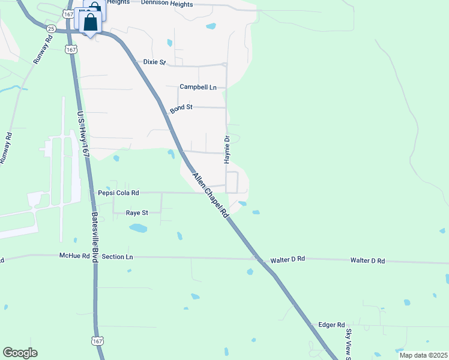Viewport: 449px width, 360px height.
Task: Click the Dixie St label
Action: click(154, 62)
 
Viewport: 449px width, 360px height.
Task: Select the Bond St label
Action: click(181, 108)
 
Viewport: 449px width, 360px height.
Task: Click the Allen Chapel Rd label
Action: click(211, 195)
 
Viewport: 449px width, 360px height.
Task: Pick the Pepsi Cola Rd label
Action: click(118, 193)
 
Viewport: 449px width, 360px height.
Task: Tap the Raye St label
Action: click(136, 212)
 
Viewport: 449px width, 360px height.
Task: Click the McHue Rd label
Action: click(74, 256)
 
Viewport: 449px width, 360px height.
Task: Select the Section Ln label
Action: click(117, 256)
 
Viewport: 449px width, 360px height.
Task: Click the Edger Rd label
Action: click(331, 325)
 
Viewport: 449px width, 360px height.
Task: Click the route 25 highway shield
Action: click(51, 29)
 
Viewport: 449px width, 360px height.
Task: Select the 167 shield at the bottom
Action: click(97, 341)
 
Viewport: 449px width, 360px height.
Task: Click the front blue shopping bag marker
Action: click(90, 24)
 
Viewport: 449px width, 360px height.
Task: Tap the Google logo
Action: click(20, 353)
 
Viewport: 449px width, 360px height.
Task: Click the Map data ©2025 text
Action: click(423, 355)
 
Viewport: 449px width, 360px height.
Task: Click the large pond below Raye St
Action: click(138, 228)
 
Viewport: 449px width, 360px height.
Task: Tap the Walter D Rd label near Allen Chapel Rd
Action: click(288, 259)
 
